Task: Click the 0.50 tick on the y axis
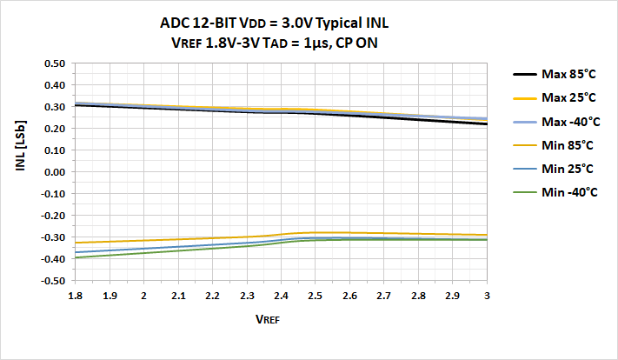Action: [x=54, y=63]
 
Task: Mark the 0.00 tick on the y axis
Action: [x=54, y=172]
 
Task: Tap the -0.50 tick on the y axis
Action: [x=53, y=281]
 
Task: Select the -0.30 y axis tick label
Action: [x=53, y=237]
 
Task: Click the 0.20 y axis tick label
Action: [x=54, y=129]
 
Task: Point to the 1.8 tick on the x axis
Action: [x=76, y=296]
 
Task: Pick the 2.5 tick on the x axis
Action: [x=316, y=296]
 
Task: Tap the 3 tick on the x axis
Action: [x=486, y=296]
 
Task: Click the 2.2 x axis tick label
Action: [x=213, y=296]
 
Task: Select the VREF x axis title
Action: [x=267, y=319]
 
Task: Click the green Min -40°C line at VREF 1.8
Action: [x=76, y=257]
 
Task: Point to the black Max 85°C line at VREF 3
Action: [x=486, y=124]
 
